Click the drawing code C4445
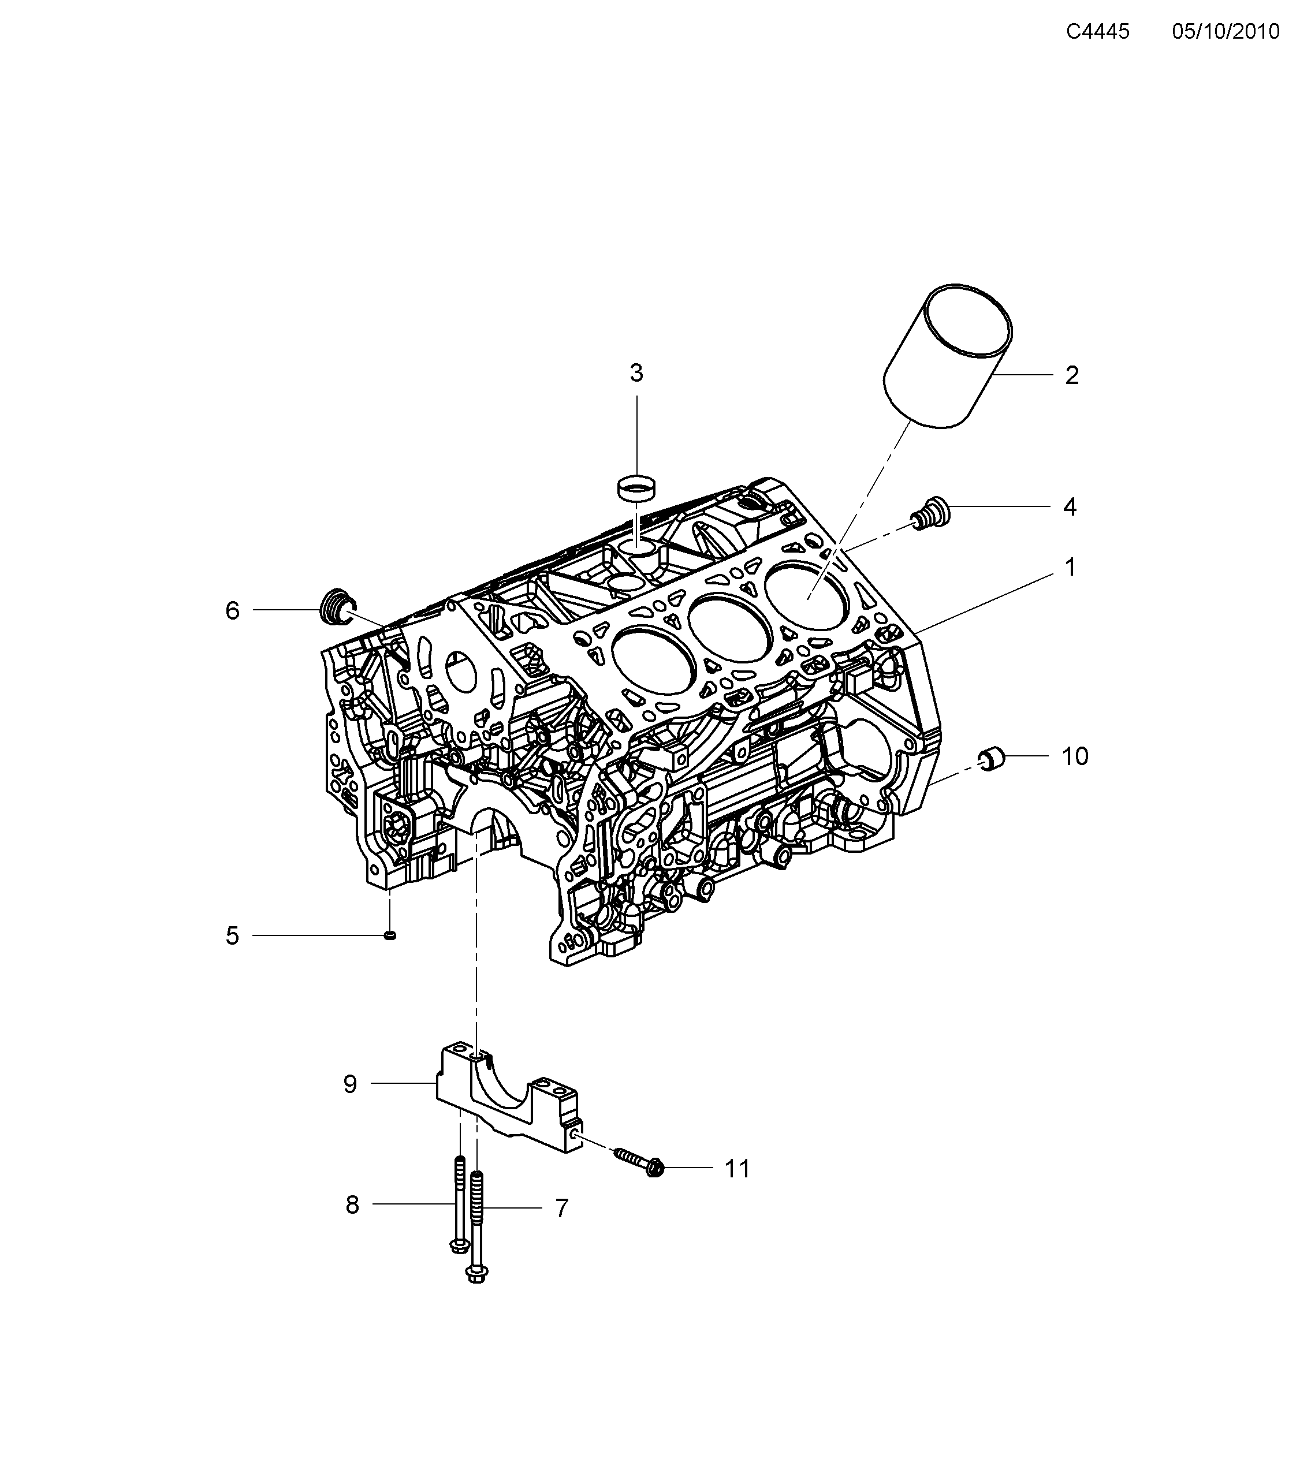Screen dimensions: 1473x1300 1097,32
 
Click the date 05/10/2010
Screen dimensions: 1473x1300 1225,32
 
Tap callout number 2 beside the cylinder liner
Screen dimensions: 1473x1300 1071,375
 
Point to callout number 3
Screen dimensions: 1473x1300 636,372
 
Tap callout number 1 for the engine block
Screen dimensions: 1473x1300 1070,567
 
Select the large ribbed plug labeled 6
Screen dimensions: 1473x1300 334,609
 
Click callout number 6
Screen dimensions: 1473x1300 232,611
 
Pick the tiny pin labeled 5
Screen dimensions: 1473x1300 390,935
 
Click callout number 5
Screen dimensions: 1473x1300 232,936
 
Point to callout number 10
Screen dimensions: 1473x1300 1074,756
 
